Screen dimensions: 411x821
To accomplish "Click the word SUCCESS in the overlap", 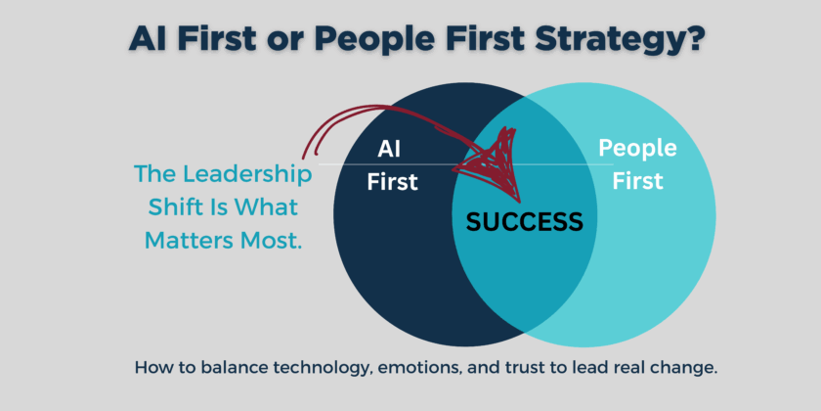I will pos(524,221).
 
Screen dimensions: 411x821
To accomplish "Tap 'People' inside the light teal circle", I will pos(637,149).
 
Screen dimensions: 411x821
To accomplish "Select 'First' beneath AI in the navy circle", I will pos(392,181).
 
